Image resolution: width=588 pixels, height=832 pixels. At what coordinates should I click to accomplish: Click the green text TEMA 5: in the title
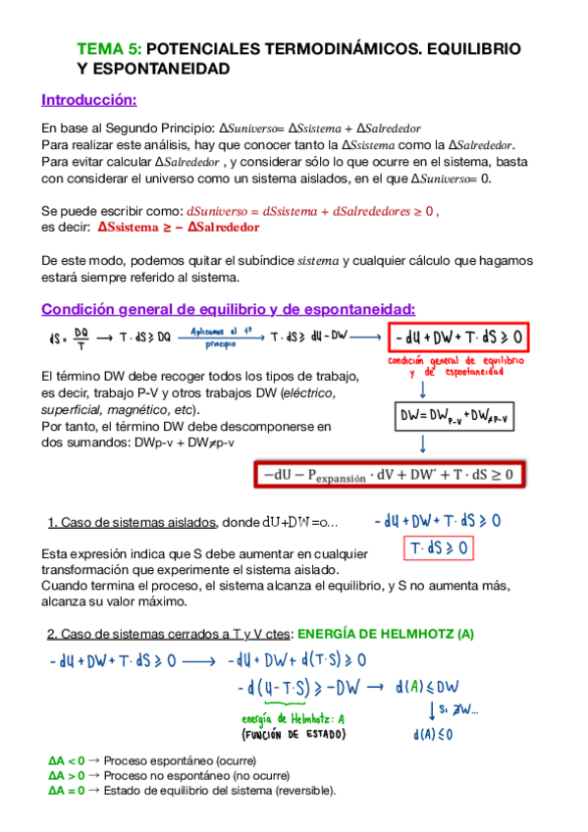(x=109, y=48)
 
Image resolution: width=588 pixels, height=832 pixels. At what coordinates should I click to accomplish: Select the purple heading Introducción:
(x=89, y=100)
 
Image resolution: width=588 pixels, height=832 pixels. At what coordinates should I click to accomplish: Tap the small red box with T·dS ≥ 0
(x=438, y=547)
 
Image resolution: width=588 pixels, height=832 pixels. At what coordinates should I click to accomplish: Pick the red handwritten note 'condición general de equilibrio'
(x=464, y=366)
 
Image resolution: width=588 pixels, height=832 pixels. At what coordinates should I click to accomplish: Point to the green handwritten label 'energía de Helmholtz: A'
(x=294, y=719)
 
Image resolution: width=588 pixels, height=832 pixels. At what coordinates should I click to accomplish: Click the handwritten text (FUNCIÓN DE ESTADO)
(x=294, y=734)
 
